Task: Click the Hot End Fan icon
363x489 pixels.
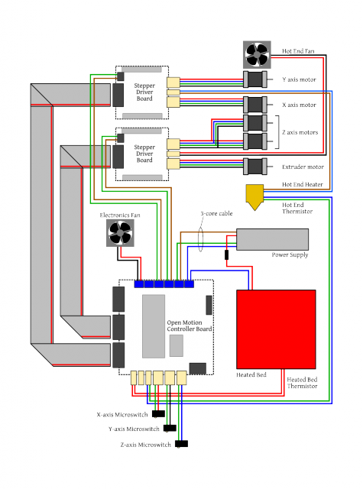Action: click(257, 54)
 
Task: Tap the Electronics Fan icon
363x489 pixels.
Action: click(120, 232)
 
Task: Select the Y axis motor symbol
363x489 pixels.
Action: click(255, 79)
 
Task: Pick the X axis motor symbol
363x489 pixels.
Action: click(255, 105)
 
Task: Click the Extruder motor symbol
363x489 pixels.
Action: click(255, 167)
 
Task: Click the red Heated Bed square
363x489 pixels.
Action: click(276, 329)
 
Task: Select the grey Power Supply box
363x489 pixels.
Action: click(272, 239)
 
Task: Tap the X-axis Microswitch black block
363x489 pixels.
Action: click(158, 414)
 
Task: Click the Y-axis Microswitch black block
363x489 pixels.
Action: click(170, 428)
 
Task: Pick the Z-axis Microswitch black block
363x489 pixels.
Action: click(182, 443)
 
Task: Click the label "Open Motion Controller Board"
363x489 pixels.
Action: click(190, 325)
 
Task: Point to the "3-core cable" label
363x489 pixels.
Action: click(216, 213)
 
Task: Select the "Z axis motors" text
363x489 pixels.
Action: click(300, 132)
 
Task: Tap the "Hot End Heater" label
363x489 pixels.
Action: click(302, 184)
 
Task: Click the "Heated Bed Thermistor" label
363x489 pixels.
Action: click(302, 383)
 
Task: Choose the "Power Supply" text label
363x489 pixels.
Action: click(290, 254)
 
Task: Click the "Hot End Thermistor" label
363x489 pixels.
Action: click(297, 208)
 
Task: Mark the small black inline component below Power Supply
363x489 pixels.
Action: click(226, 254)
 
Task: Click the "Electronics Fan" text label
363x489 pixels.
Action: click(120, 215)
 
